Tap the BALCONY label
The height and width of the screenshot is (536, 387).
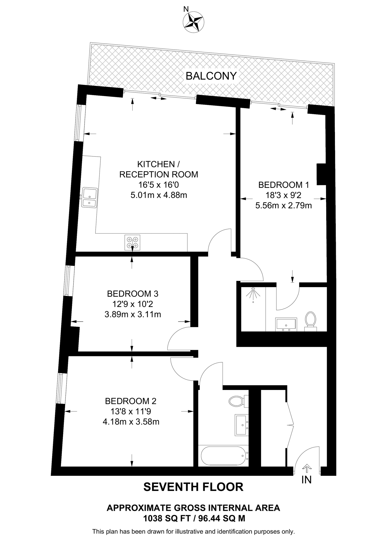click(211, 76)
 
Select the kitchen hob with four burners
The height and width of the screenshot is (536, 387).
click(132, 242)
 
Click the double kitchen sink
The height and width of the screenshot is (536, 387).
click(89, 197)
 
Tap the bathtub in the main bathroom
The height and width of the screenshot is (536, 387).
click(223, 456)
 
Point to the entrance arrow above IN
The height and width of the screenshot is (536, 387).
click(307, 467)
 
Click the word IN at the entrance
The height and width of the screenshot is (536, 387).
click(306, 480)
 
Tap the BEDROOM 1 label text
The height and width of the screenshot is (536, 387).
click(284, 185)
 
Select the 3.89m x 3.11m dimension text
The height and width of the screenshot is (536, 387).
click(133, 314)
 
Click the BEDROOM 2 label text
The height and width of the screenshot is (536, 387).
click(131, 401)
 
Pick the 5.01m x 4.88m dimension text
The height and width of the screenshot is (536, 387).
click(159, 195)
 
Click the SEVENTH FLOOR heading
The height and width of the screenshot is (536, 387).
click(193, 487)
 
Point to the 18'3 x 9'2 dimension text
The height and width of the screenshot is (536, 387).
click(284, 195)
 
